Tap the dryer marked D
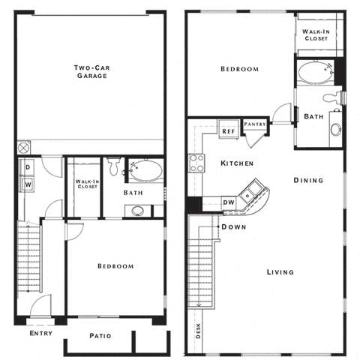tap(28, 166)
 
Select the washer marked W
tap(28, 183)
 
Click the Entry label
tap(40, 333)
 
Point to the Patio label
tap(100, 336)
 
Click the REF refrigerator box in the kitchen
tap(228, 130)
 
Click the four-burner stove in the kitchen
tap(196, 163)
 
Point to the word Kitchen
tap(236, 163)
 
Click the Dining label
tap(308, 180)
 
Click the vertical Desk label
tap(198, 331)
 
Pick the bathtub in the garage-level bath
tap(145, 170)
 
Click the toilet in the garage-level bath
tap(114, 166)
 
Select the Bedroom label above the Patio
tap(115, 266)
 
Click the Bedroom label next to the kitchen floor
tap(239, 69)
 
